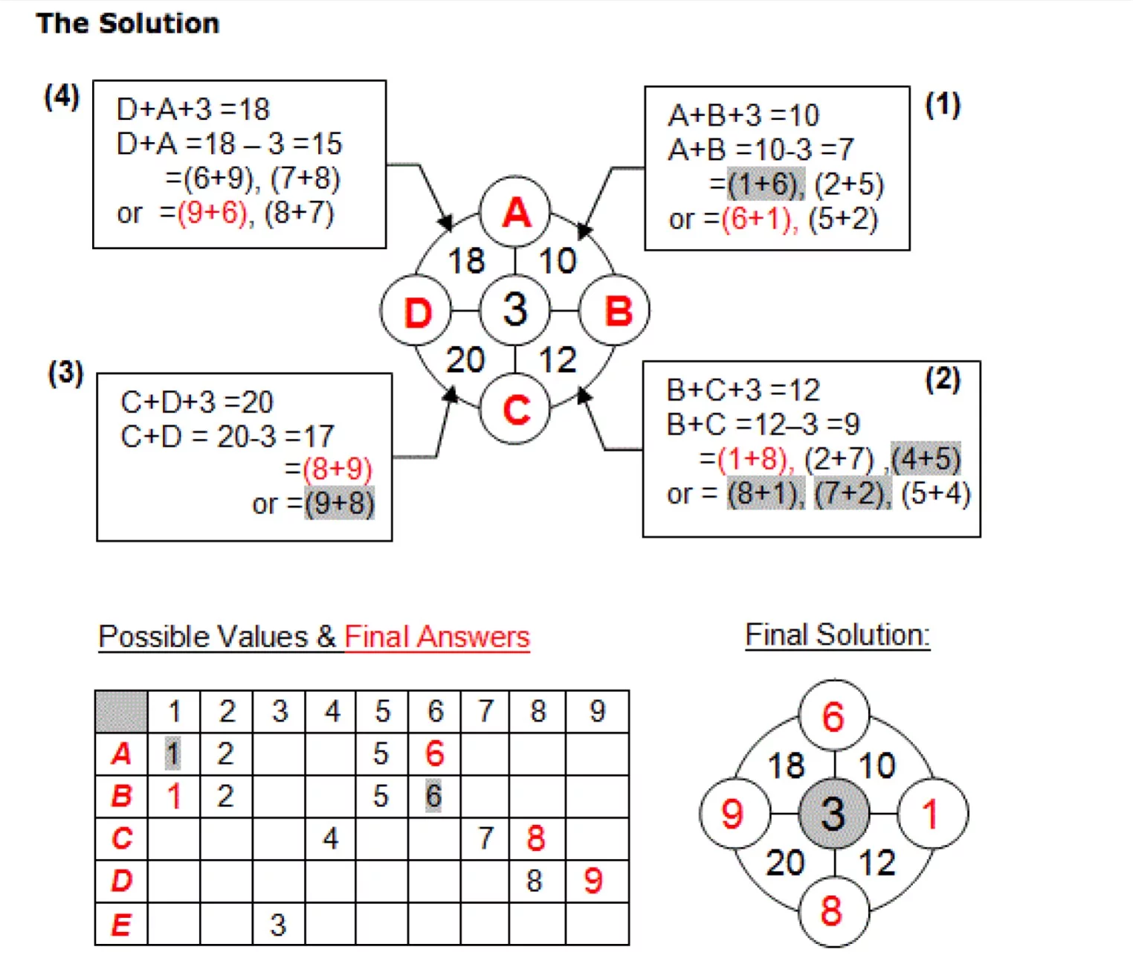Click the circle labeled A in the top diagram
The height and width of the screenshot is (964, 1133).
514,212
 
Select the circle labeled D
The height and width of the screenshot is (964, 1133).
416,311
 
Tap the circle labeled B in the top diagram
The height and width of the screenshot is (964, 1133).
615,310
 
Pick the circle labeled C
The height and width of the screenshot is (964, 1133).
514,409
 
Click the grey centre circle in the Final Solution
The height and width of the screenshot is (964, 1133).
833,814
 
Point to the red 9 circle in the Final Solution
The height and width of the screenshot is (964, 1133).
735,814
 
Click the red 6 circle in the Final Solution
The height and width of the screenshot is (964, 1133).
833,716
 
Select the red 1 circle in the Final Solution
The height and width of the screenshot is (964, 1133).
932,814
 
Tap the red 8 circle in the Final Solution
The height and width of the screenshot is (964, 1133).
833,912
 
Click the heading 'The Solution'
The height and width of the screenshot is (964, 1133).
128,24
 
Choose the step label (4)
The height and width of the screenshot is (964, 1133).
62,97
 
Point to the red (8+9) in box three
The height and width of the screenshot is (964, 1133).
338,469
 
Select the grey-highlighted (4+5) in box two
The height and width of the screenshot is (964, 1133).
926,458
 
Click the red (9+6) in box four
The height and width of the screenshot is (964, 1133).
212,213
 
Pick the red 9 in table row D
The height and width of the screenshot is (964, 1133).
593,881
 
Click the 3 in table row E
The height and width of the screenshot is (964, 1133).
279,925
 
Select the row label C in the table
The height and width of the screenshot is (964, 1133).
122,838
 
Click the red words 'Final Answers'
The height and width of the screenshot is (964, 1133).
437,637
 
